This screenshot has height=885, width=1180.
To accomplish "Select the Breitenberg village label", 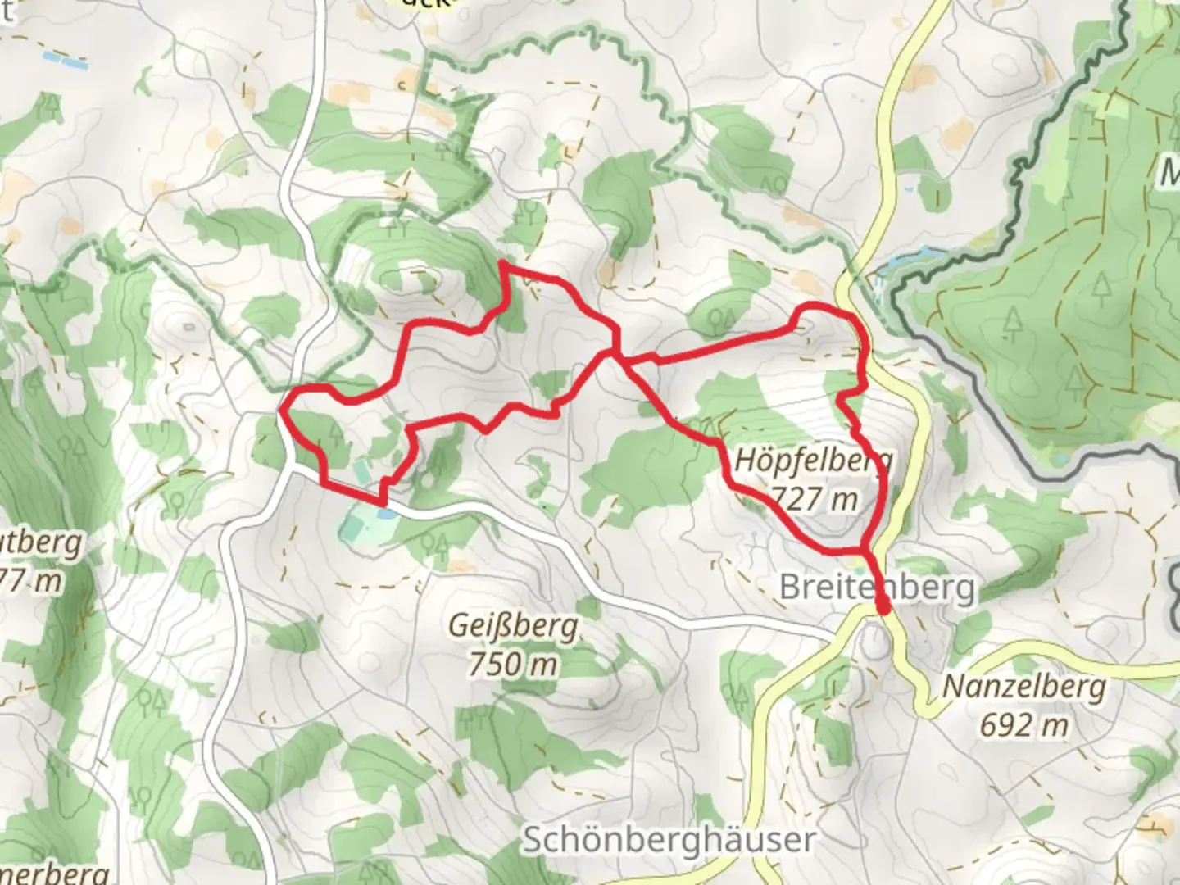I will pos(877,587).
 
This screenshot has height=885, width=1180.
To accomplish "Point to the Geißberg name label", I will pos(513,627).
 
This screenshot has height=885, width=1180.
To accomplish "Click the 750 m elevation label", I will pos(513,663).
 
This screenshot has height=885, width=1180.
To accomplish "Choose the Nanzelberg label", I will pos(1023,687).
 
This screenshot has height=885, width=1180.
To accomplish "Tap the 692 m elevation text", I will pos(1023,724).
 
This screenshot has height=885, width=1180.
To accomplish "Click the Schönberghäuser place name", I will pos(669,840).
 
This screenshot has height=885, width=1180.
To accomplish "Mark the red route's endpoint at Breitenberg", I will pos(883,607).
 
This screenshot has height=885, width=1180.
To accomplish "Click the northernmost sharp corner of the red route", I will pos(501,264).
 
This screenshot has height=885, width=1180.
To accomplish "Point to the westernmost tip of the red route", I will pos(281,410).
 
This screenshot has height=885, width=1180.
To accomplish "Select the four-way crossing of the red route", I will pos(615,352).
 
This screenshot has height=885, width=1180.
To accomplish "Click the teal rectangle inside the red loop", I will pos(361,472).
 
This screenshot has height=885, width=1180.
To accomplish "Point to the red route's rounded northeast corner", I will pos(852,315).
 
